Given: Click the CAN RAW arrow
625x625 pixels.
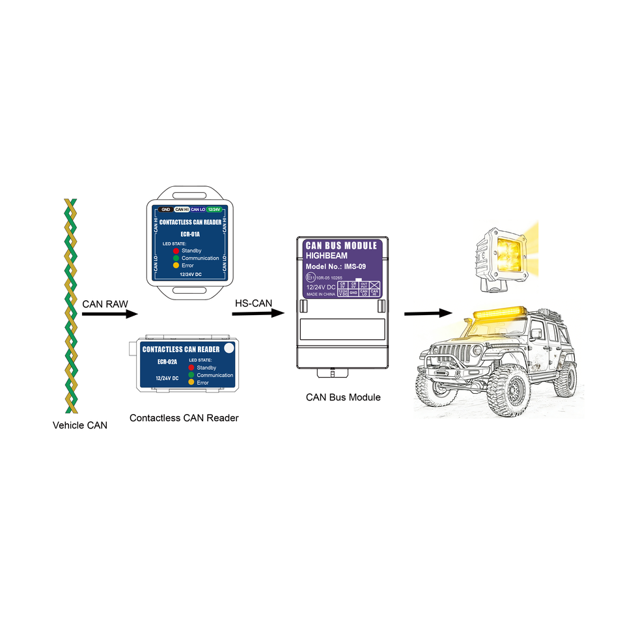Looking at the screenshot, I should coord(110,314).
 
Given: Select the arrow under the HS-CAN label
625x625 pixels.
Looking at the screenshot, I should coord(258,313).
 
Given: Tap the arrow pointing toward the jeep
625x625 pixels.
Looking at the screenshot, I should coord(428,313).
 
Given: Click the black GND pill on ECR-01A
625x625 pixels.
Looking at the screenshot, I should coord(165,209).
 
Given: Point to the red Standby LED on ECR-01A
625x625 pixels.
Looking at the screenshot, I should coord(176,251).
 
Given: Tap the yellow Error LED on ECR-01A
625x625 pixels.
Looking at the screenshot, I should coord(176,266).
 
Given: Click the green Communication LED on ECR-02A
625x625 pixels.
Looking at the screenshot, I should coord(191,375).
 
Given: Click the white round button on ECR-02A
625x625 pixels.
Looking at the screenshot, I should coord(229,348).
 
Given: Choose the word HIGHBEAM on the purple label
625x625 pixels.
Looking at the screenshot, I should coord(327,256).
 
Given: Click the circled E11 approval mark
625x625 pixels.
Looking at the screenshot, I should coord(310,277).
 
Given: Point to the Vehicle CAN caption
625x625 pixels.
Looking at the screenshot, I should coord(80,426).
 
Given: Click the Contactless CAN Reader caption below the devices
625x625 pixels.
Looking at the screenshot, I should coord(184,418).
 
